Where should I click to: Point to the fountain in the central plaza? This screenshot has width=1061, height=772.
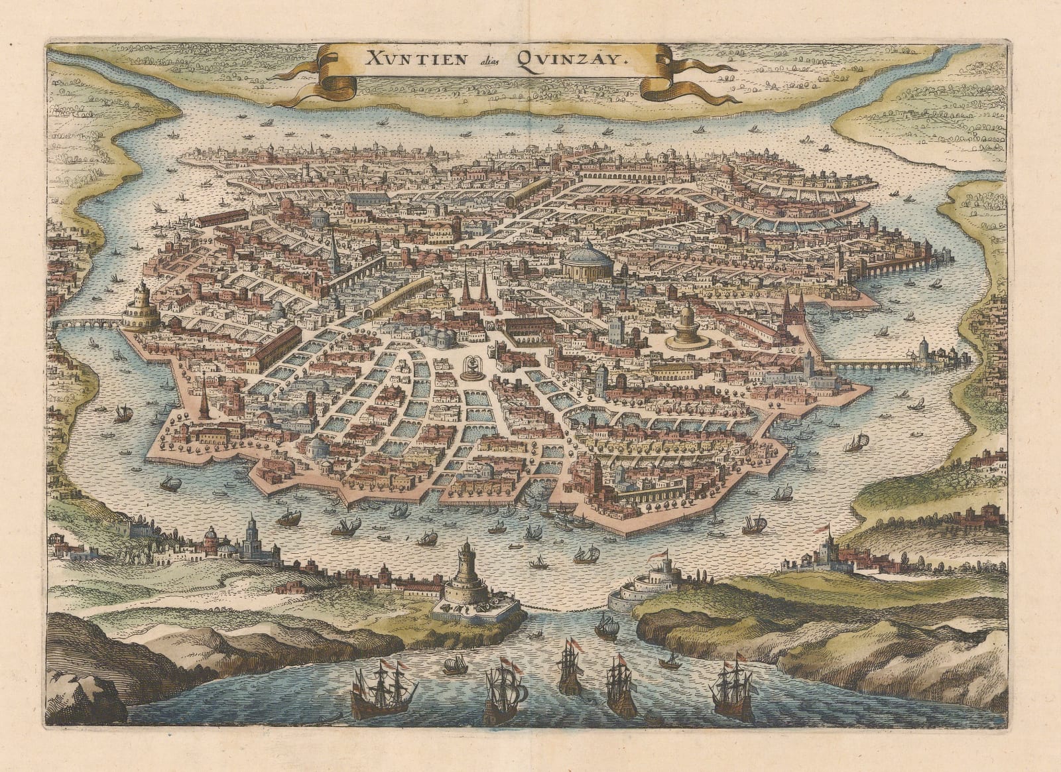pos(471,368)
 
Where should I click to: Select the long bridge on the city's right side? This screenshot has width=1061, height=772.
pos(869,364)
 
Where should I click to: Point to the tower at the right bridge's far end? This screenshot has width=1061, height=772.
pos(924,352)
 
